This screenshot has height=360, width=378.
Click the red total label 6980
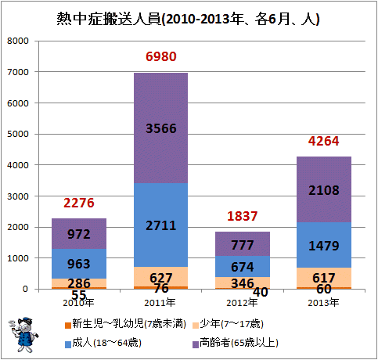[x=161, y=56]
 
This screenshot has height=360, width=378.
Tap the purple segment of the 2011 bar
[x=161, y=128]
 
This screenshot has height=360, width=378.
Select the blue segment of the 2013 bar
[x=324, y=245]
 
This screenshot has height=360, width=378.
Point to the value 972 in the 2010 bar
[x=79, y=234]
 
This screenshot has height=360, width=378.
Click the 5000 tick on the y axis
[x=18, y=134]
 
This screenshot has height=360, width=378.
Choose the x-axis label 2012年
[x=242, y=303]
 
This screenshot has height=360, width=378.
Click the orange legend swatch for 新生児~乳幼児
[x=68, y=326]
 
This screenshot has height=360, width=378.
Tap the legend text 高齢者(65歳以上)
[x=239, y=343]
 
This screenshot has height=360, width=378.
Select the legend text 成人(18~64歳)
[x=106, y=343]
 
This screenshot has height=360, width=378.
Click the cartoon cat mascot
[x=23, y=334]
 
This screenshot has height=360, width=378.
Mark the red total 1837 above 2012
[x=243, y=216]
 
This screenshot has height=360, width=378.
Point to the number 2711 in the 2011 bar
[x=161, y=225]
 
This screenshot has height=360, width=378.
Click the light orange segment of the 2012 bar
[x=243, y=283]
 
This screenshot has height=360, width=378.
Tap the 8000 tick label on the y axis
[x=18, y=41]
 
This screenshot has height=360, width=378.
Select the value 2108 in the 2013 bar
[x=324, y=190]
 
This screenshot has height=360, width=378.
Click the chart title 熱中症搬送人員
[x=109, y=19]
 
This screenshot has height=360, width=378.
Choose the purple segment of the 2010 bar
[x=79, y=234]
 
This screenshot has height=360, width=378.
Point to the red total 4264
[x=324, y=141]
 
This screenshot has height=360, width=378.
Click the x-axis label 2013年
[x=323, y=303]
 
